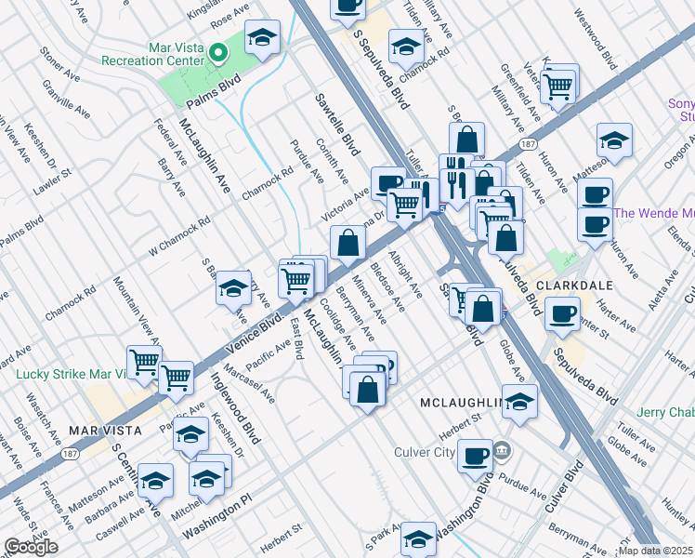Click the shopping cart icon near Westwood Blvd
point(558,86)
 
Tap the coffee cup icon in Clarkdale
point(560,313)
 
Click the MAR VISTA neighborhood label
point(104,431)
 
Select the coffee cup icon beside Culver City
point(476,455)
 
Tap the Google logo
point(30,547)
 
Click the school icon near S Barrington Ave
point(233,288)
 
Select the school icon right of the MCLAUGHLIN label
point(521,401)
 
